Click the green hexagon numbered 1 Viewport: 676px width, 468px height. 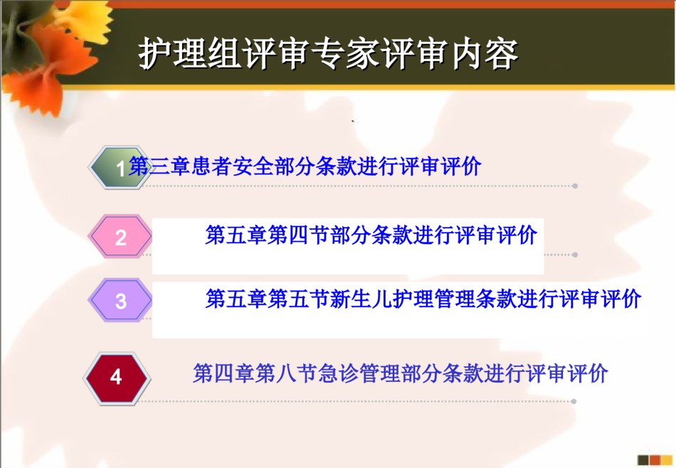click(120, 167)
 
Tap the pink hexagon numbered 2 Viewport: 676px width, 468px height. click(120, 237)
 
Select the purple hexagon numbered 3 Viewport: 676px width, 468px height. click(120, 300)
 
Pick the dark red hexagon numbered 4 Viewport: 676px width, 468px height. click(117, 378)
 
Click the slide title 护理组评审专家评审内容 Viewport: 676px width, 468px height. click(328, 54)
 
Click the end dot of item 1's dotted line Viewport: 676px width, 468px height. click(575, 186)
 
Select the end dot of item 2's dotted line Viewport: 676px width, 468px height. click(575, 255)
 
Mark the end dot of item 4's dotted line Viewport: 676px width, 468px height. click(574, 401)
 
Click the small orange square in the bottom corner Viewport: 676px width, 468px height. click(655, 460)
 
